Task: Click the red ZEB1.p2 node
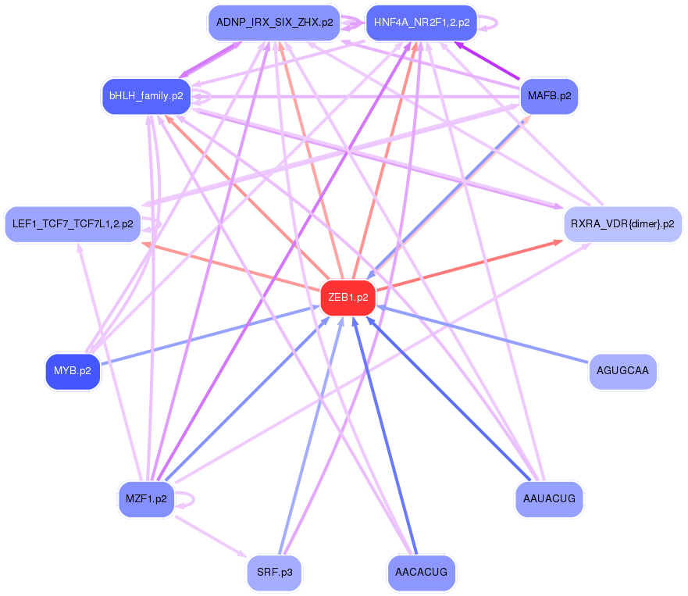pyautogui.click(x=348, y=298)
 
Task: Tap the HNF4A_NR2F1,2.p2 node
pyautogui.click(x=422, y=23)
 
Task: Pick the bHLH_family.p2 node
pyautogui.click(x=147, y=96)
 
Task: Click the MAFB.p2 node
pyautogui.click(x=549, y=96)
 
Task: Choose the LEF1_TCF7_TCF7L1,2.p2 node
pyautogui.click(x=73, y=224)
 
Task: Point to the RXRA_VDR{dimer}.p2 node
pyautogui.click(x=622, y=224)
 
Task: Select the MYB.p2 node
pyautogui.click(x=73, y=371)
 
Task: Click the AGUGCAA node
pyautogui.click(x=622, y=371)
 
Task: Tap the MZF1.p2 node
pyautogui.click(x=146, y=499)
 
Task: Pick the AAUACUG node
pyautogui.click(x=550, y=499)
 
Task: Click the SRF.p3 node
pyautogui.click(x=274, y=573)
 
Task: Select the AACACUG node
pyautogui.click(x=421, y=573)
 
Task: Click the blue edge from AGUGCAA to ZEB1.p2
pyautogui.click(x=484, y=334)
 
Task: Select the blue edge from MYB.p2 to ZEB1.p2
pyautogui.click(x=211, y=334)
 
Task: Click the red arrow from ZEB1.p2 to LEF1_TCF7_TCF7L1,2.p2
pyautogui.click(x=234, y=265)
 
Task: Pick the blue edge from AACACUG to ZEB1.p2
pyautogui.click(x=387, y=437)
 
